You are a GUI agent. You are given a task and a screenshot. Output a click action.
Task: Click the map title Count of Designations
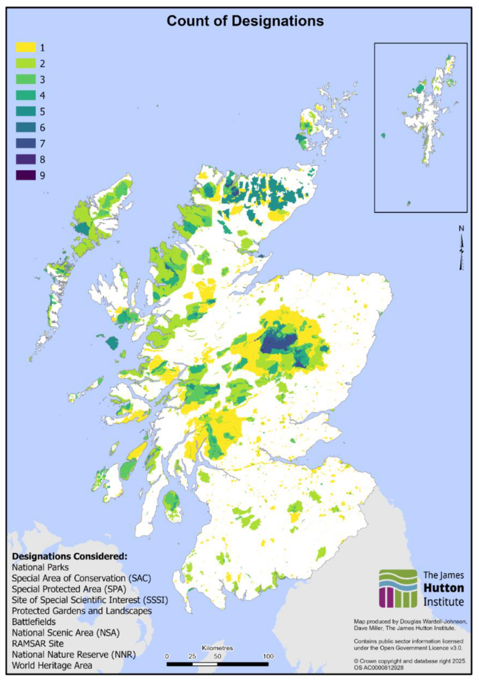245,22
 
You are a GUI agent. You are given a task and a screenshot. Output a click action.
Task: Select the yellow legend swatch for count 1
26,48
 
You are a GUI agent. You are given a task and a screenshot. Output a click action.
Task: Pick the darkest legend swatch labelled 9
26,176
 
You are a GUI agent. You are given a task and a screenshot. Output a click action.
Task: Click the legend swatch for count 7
26,144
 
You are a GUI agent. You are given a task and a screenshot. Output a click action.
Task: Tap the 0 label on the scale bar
167,656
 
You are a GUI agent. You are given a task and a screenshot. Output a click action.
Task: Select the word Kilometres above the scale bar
217,647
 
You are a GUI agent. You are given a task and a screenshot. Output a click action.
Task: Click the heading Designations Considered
69,556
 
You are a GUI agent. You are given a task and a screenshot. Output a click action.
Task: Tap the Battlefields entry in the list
39,622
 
